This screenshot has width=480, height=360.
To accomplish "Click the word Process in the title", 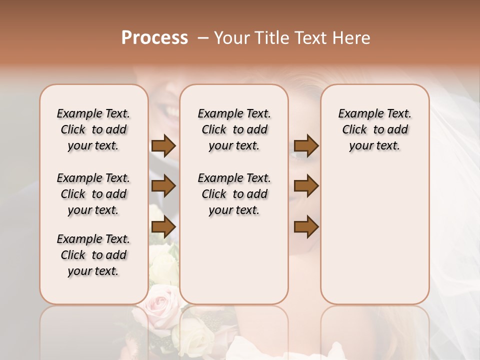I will (154, 38).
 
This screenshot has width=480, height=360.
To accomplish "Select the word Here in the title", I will (352, 38).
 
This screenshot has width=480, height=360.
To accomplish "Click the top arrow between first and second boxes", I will (163, 145).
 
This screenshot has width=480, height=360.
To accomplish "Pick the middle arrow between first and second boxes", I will (163, 186).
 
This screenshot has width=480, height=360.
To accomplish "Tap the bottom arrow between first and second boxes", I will (163, 227).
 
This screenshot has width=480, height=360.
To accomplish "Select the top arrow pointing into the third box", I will (306, 145).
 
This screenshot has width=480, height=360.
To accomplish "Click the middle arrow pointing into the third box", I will (306, 186).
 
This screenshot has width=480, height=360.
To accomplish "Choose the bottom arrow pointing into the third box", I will (306, 227).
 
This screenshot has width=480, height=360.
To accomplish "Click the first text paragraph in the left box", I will (93, 129).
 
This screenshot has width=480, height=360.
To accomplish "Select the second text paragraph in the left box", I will (93, 194).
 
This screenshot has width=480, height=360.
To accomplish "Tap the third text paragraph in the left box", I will (93, 255).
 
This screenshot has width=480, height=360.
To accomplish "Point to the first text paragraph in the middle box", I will (234, 129).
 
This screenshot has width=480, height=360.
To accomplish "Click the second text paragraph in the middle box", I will (234, 194).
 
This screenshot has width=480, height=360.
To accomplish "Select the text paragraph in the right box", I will (374, 129).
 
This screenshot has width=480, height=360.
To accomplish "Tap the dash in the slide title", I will (203, 38).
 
